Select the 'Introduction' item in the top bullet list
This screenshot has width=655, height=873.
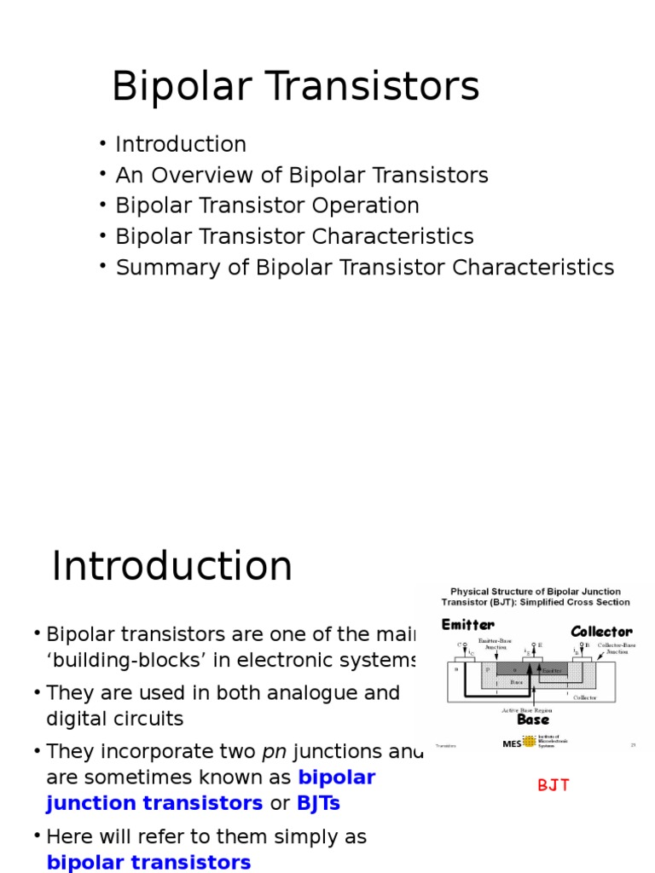coord(181,145)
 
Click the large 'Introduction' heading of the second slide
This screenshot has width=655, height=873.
coord(171,567)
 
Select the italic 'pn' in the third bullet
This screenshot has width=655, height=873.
coord(274,752)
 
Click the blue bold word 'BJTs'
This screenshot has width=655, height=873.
coord(318,803)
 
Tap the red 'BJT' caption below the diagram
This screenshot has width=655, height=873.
coord(554,785)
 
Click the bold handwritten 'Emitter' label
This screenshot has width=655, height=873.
coord(468,625)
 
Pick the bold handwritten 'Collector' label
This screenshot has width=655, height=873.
coord(601,631)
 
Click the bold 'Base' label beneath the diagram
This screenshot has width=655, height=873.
coord(533,720)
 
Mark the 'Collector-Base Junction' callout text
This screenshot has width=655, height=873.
coord(616,649)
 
